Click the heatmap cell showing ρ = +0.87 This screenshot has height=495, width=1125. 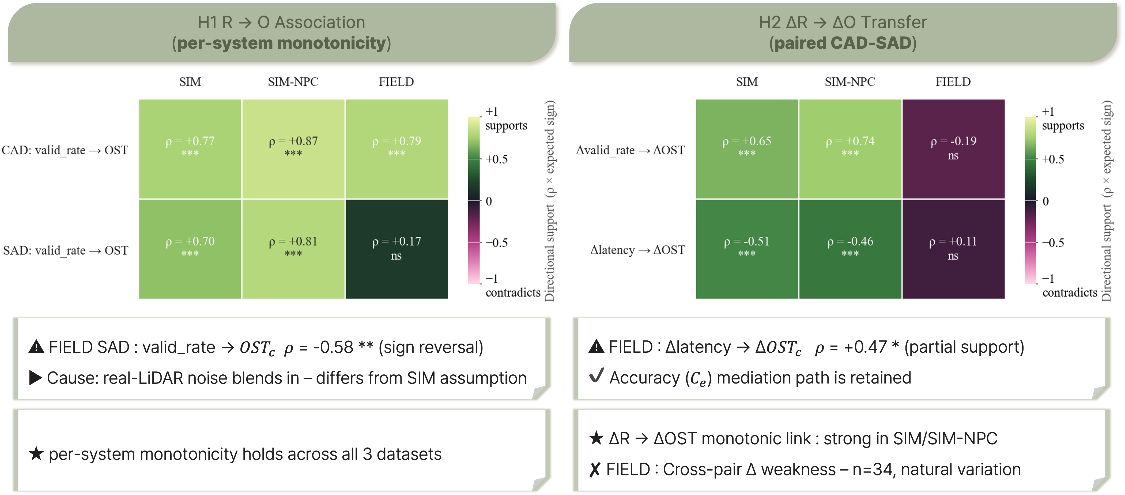[x=293, y=149]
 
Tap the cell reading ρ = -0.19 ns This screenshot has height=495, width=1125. [x=953, y=149]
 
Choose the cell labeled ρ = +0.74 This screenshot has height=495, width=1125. [x=850, y=149]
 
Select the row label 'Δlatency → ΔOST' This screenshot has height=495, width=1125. [x=638, y=250]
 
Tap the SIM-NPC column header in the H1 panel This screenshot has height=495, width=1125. [x=293, y=82]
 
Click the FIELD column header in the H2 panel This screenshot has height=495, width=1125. [x=953, y=82]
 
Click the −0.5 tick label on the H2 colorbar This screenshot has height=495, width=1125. [x=1053, y=243]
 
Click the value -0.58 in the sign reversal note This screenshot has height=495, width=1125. [x=333, y=348]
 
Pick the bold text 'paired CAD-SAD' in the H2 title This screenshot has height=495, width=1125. [x=843, y=43]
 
